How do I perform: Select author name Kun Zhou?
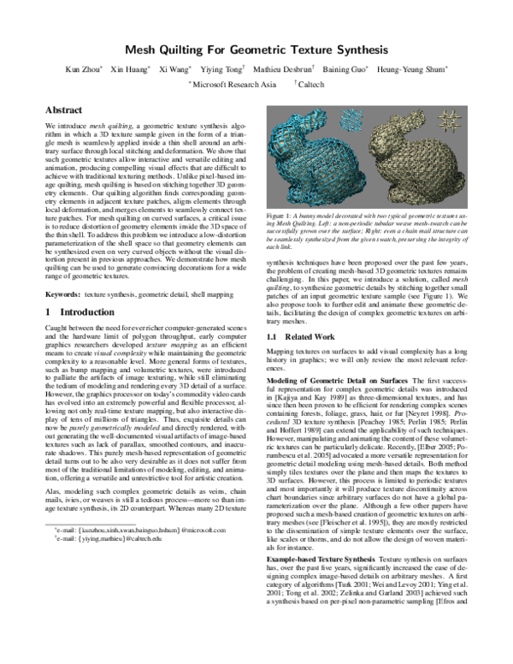click(85, 69)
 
